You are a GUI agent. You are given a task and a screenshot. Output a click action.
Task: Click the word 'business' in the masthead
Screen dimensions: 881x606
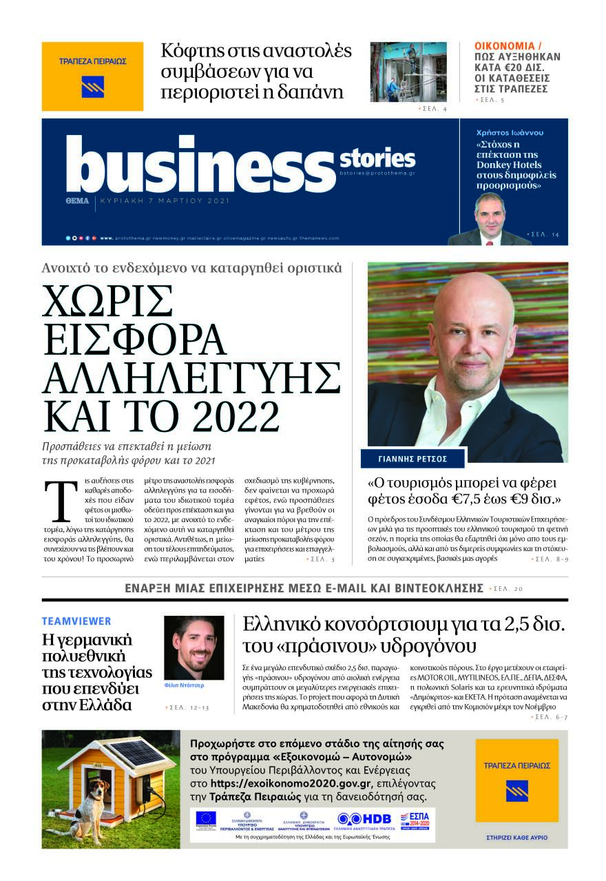coord(200,165)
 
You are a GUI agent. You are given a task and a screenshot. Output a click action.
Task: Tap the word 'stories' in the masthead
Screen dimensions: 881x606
coord(377,159)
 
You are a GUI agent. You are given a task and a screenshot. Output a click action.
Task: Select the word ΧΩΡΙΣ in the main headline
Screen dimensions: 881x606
coord(107,300)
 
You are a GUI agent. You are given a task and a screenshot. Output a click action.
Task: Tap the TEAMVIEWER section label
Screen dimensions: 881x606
coord(76,621)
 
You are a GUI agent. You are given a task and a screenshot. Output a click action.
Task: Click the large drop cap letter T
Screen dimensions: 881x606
coord(60,501)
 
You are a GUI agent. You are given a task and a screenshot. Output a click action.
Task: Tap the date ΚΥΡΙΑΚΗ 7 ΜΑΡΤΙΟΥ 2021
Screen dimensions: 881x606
coord(165,201)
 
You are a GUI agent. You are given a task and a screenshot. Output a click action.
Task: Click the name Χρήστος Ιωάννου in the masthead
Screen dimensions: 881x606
coord(500,132)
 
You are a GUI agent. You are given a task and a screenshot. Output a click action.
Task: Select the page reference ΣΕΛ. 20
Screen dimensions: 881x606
coord(510,589)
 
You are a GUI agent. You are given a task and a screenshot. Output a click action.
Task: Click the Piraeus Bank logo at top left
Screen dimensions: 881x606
coord(92,76)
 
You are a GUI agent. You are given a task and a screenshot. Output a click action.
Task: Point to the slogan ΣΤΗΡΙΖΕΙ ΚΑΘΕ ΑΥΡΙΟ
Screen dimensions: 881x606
coord(516,839)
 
